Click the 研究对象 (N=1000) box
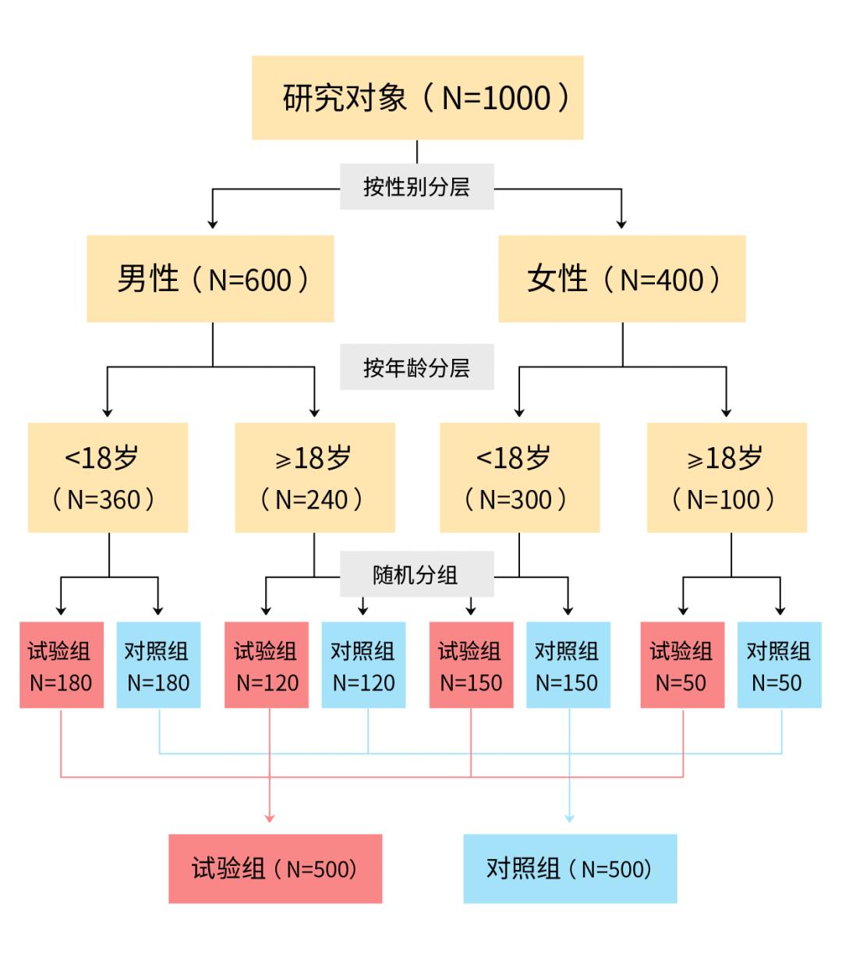(x=417, y=98)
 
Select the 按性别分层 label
(x=416, y=187)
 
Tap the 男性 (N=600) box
(x=210, y=279)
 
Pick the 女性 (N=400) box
(x=621, y=279)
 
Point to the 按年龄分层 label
(x=416, y=367)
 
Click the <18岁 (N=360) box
(x=108, y=477)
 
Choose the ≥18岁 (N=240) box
(x=315, y=477)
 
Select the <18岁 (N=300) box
(x=519, y=477)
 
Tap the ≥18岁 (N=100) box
(x=727, y=477)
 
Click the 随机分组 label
(x=416, y=574)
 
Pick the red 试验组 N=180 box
(x=62, y=665)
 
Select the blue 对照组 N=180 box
(x=158, y=665)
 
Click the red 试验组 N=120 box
(x=267, y=665)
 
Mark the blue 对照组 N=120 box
(x=363, y=665)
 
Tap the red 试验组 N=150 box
(x=471, y=665)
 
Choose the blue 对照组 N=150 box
(x=568, y=665)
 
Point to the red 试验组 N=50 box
(x=682, y=665)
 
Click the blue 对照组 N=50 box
(x=779, y=665)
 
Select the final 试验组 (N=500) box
(x=275, y=868)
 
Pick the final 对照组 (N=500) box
(x=570, y=868)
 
